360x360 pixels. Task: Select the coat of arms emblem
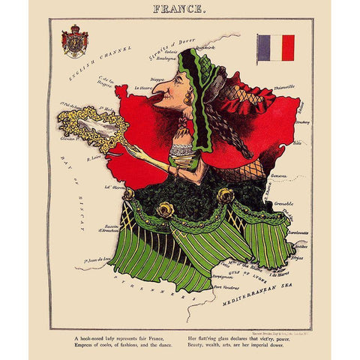click(x=74, y=43)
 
